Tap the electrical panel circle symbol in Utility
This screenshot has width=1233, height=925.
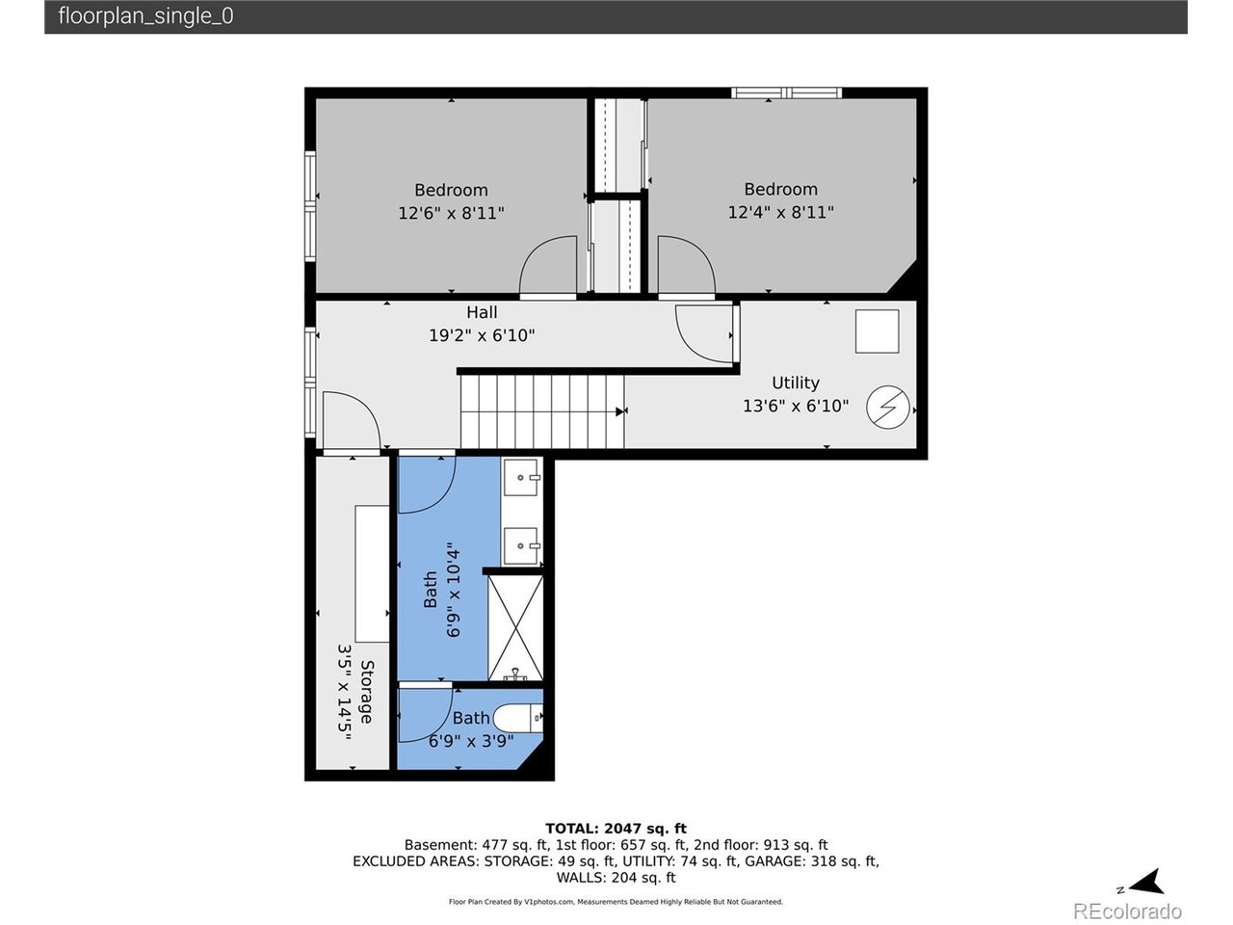[x=887, y=408]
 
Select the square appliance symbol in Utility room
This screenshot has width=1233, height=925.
[x=877, y=331]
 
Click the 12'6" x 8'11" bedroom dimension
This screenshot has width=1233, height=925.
[x=451, y=213]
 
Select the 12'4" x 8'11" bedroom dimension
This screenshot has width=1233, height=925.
[x=780, y=212]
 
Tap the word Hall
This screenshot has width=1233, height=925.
[x=482, y=312]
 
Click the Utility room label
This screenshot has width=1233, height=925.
[x=795, y=383]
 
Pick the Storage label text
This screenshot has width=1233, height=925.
[x=366, y=691]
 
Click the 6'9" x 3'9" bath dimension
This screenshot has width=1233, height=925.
[x=470, y=741]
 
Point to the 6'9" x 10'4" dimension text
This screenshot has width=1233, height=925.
[x=454, y=589]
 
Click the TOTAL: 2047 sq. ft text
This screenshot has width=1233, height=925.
[x=616, y=829]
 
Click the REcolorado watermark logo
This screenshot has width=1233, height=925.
[x=1127, y=911]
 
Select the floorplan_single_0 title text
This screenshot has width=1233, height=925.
[x=145, y=16]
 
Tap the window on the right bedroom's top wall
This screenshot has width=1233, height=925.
[x=786, y=93]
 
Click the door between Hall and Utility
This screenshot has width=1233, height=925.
[x=704, y=332]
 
